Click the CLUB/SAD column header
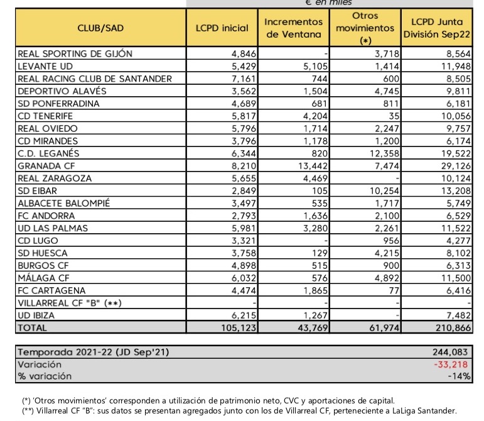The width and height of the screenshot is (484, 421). click(x=100, y=28)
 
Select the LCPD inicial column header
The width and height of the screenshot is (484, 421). click(x=222, y=28)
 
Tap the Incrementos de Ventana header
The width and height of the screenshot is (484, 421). click(x=294, y=28)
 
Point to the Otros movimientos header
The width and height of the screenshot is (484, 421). click(x=365, y=28)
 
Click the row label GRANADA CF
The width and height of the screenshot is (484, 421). click(x=46, y=166)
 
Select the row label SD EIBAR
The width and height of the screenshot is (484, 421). click(x=37, y=191)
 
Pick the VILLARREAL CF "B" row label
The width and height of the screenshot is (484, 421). click(x=70, y=303)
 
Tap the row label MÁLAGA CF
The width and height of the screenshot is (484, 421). click(x=43, y=278)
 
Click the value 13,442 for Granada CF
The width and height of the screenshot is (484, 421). click(x=313, y=166)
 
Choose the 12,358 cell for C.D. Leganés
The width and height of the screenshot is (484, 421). click(x=384, y=153)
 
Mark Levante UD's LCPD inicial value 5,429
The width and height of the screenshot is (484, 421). click(x=244, y=67)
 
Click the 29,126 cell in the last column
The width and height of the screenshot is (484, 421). click(x=456, y=166)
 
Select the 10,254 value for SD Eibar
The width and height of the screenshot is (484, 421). click(x=384, y=191)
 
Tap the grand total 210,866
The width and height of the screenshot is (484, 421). click(x=453, y=328)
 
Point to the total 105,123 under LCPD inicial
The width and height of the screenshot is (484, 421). click(x=239, y=328)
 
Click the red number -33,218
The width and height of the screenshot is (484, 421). click(x=451, y=364)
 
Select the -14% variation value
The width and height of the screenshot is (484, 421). click(x=460, y=376)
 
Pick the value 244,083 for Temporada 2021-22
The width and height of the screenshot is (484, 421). click(x=450, y=352)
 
